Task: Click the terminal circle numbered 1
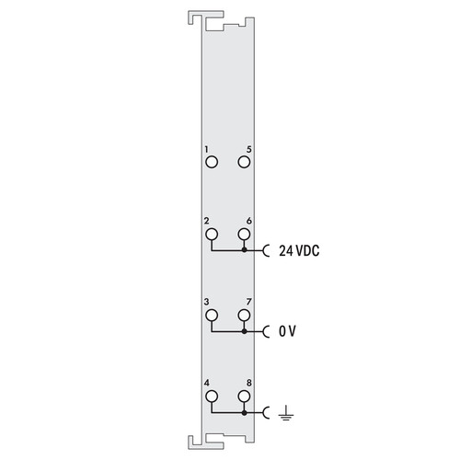pos(212,162)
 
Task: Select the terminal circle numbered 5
pos(244,162)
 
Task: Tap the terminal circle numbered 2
pos(212,235)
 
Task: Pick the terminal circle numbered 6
pos(244,235)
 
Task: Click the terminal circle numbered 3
pos(212,316)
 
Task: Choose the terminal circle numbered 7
pos(244,316)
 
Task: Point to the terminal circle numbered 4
pos(212,397)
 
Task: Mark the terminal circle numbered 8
pos(244,397)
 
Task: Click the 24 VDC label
pos(299,251)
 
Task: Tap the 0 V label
pos(287,331)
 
